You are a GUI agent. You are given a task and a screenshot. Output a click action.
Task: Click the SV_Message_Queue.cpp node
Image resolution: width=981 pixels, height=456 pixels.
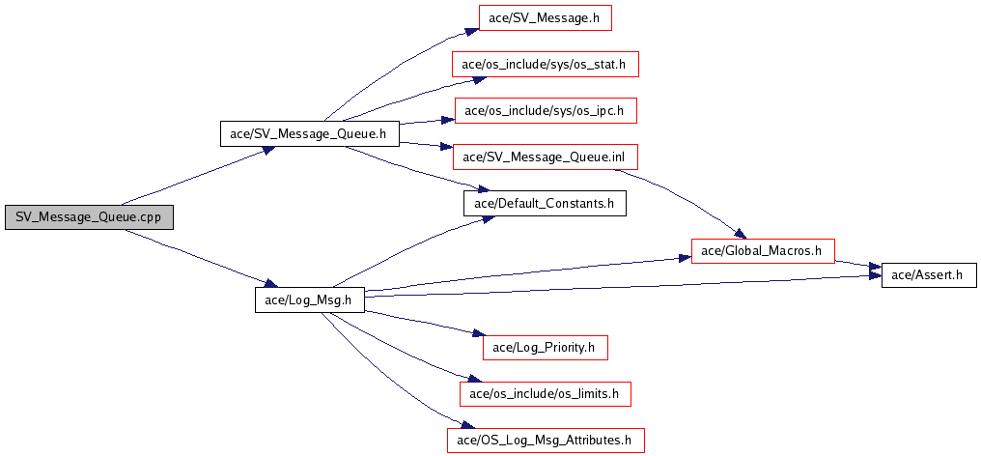tap(88, 217)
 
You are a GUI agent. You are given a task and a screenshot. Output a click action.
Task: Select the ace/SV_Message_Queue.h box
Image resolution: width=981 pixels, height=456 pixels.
tap(310, 133)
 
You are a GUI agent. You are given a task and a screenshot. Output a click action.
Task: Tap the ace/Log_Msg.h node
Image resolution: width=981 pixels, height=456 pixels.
tap(309, 300)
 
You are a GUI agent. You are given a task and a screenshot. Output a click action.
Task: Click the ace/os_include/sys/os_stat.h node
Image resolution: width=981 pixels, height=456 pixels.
tap(545, 65)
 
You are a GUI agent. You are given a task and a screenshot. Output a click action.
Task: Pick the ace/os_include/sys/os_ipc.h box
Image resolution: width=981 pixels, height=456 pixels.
tap(545, 110)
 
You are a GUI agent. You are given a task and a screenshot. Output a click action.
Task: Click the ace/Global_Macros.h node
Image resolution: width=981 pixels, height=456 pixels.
tap(762, 251)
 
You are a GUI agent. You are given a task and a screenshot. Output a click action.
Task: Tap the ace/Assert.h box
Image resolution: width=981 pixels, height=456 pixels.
tap(927, 275)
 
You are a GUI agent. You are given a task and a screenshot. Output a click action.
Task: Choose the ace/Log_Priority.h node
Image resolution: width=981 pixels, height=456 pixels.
tap(545, 346)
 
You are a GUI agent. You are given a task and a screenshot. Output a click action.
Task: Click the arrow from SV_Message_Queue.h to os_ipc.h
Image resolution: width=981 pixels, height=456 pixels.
tap(425, 122)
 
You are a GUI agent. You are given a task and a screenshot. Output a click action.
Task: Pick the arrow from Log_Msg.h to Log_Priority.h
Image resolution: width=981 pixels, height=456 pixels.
tap(425, 323)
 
